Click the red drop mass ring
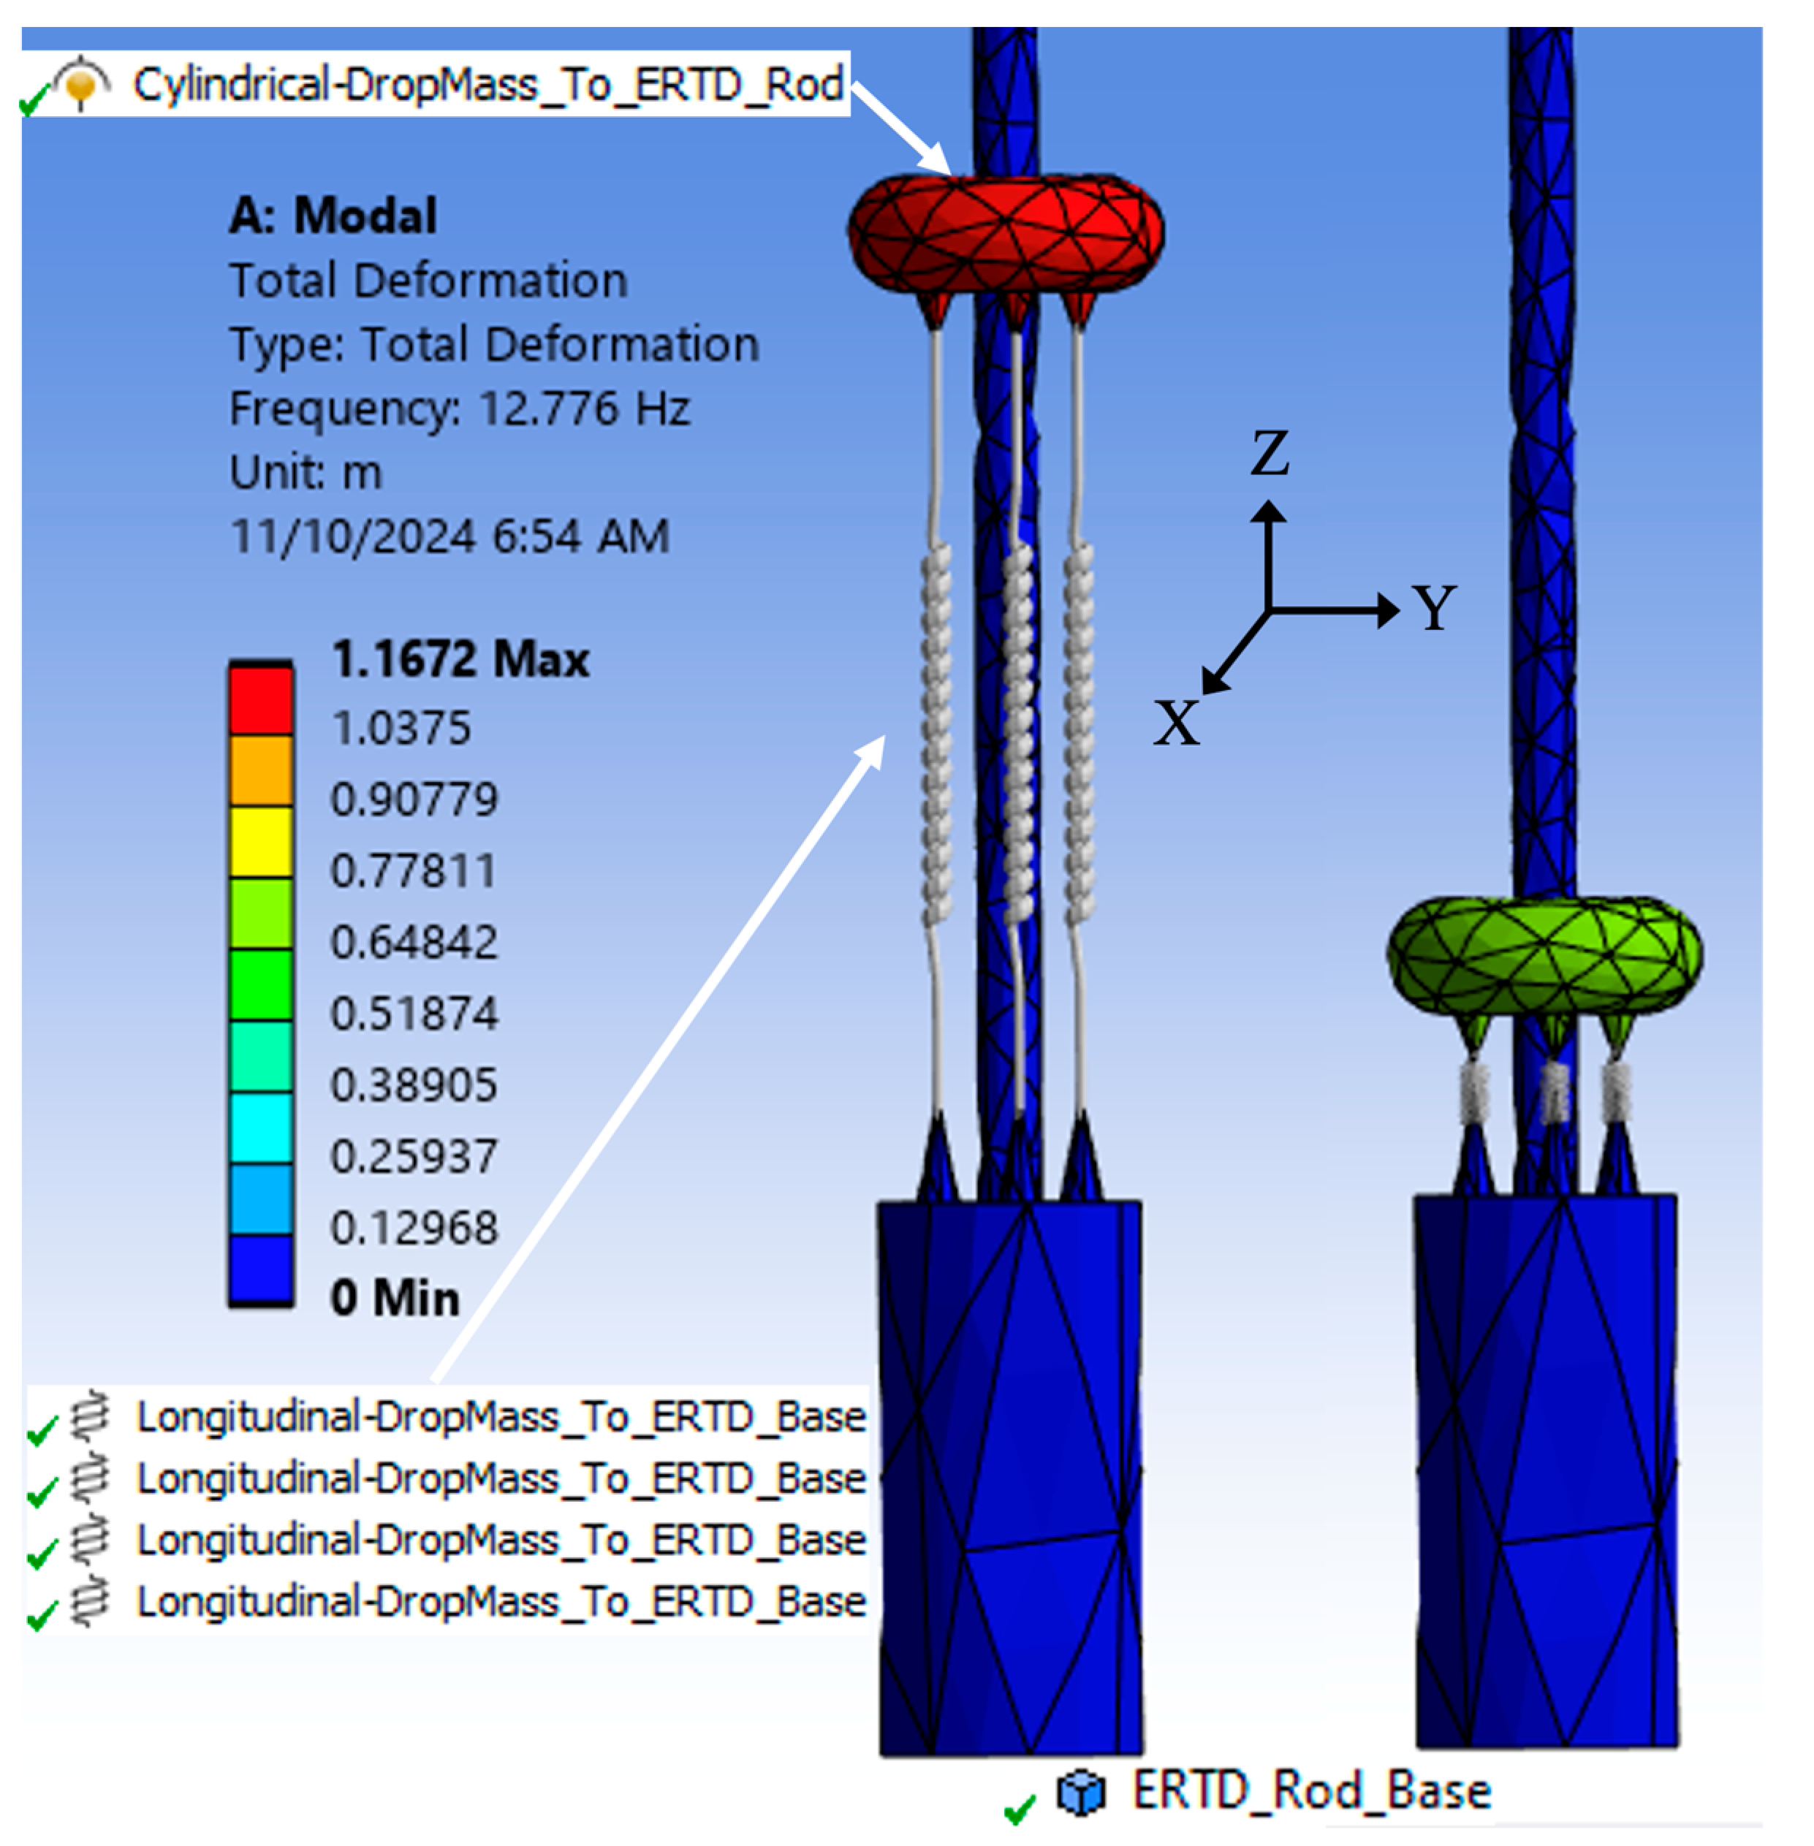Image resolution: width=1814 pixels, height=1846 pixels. pos(1005,232)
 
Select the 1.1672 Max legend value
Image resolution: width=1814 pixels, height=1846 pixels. pos(460,659)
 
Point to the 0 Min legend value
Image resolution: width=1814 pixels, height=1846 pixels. pos(395,1297)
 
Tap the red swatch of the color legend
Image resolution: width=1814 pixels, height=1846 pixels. pos(260,700)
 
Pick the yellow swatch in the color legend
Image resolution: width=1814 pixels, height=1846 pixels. pos(260,842)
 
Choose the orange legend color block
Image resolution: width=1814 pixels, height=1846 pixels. pos(260,770)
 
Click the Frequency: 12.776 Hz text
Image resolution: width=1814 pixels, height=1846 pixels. pos(459,409)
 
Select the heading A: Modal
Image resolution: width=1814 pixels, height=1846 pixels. pos(333,216)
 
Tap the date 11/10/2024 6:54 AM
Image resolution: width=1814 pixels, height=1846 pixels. pos(449,536)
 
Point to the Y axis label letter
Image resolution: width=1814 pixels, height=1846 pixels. pos(1434,608)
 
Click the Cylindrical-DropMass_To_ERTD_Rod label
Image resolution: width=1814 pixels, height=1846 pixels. pos(487,84)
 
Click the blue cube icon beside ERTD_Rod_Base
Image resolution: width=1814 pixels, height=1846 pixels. pos(1080,1793)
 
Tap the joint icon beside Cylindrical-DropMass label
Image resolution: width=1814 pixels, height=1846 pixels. pos(81,83)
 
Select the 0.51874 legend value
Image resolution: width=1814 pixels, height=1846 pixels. pos(414,1014)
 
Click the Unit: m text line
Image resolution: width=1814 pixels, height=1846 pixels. pos(306,472)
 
